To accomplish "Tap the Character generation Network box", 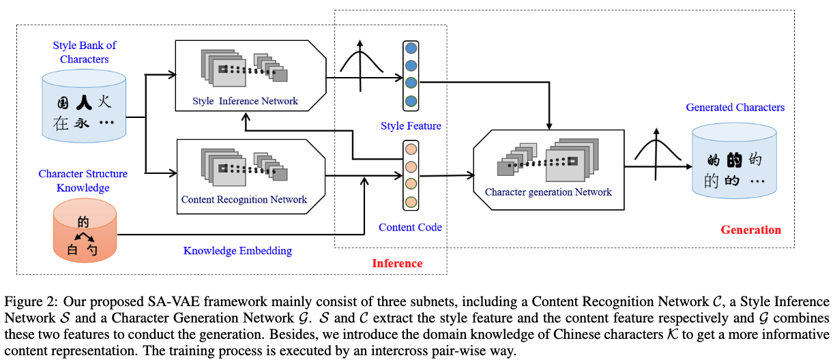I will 548,166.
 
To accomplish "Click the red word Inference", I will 397,263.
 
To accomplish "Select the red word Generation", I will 750,230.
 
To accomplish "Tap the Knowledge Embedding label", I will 237,250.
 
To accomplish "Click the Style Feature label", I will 411,125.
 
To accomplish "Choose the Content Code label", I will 410,227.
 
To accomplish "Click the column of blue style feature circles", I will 411,75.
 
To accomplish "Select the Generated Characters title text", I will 735,108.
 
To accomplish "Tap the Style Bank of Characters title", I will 85,52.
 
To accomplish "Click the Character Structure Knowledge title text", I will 83,181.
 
